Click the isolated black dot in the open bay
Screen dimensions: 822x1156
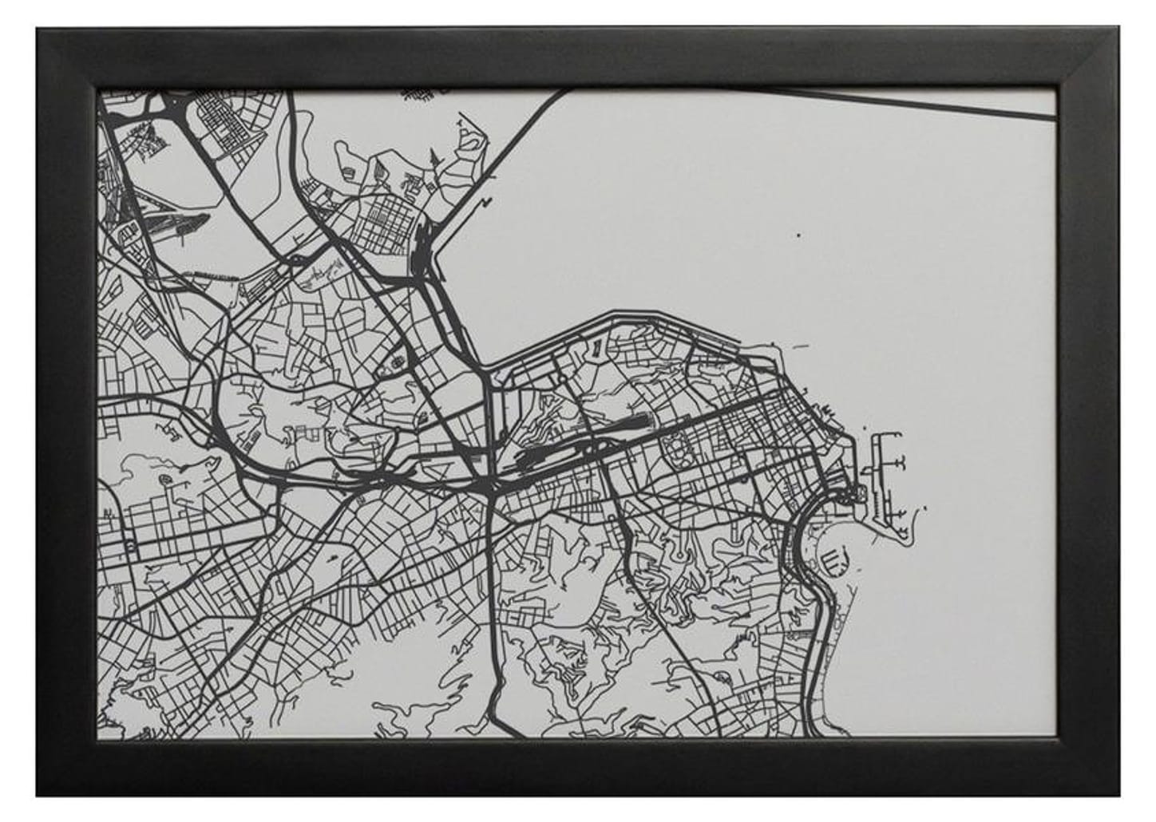pos(797,235)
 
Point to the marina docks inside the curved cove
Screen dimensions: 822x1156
pos(833,559)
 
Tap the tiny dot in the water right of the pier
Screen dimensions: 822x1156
pos(925,508)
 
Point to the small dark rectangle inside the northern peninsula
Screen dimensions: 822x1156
pos(597,348)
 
